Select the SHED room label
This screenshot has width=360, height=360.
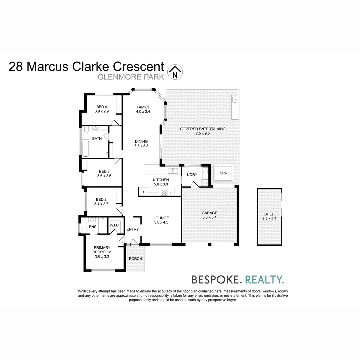coord(269,214)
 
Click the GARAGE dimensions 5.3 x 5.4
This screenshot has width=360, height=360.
coord(209,217)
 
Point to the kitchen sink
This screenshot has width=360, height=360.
coord(173,171)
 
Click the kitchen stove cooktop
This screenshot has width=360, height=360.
coord(164,192)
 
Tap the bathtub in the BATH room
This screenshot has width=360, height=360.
coord(86,149)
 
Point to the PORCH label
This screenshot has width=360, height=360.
coord(135,259)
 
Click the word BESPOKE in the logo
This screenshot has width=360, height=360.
coord(215,279)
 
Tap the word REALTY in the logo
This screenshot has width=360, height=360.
coord(264,279)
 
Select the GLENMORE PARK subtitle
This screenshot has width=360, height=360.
coord(131,77)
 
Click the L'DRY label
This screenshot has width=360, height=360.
coord(192,175)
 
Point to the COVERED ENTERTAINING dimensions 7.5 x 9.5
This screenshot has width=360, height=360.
coord(203,133)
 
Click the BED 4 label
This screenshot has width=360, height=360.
coord(102,107)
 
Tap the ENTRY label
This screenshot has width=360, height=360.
coord(133,229)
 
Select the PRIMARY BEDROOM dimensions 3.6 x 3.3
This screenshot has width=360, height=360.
coord(102,256)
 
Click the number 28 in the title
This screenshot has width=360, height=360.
coord(16,67)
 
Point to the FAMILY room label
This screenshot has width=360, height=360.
coord(143,107)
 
